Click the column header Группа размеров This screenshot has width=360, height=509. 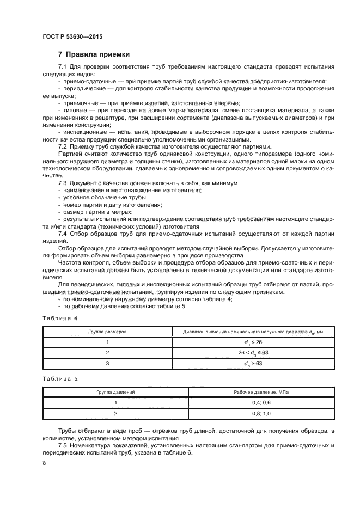pyautogui.click(x=108, y=330)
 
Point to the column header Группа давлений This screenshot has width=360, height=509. pyautogui.click(x=115, y=391)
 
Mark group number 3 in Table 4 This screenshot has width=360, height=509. pyautogui.click(x=108, y=364)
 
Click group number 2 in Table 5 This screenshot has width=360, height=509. pyautogui.click(x=115, y=413)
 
